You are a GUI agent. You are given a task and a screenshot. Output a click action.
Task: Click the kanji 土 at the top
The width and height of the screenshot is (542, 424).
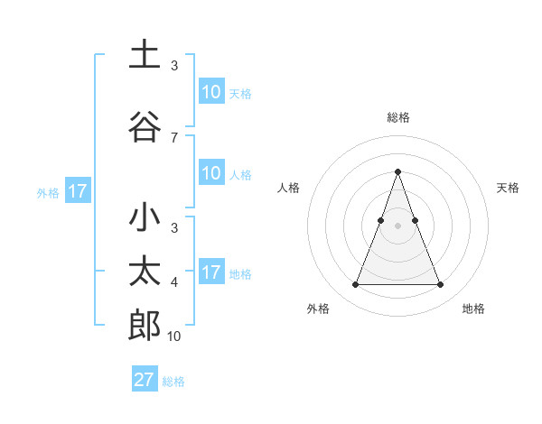[x=145, y=56]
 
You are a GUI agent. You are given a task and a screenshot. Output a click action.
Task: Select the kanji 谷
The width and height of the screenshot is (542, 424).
[x=145, y=127]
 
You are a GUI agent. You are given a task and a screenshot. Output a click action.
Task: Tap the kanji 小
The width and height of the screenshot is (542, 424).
[x=145, y=219]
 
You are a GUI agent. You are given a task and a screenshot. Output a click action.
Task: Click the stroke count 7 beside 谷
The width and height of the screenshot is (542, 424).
[x=174, y=137]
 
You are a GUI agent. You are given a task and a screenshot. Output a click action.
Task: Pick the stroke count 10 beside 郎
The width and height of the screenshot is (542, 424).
[x=174, y=336]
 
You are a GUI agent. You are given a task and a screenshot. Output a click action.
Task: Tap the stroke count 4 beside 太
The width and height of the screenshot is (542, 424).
[x=174, y=282]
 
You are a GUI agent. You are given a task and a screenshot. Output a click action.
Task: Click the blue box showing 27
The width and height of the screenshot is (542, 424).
[x=145, y=380]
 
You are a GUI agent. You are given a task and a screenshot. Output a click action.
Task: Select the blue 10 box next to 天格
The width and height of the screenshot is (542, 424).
[x=211, y=92]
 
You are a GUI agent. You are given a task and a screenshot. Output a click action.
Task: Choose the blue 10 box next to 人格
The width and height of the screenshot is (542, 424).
[x=211, y=173]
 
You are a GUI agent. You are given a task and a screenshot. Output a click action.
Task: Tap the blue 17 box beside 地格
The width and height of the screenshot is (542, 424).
[x=211, y=272]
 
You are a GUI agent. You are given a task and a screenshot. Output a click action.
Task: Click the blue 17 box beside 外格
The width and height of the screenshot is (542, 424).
[x=78, y=191]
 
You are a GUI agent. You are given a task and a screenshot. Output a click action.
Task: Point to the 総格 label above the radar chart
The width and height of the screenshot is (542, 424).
[x=397, y=117]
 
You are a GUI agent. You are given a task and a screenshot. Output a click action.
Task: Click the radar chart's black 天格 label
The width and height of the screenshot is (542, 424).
[x=509, y=188]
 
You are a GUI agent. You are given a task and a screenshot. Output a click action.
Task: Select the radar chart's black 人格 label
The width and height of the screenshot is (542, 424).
[x=288, y=188]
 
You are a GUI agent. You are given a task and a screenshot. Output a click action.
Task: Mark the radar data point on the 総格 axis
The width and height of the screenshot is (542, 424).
[x=397, y=171]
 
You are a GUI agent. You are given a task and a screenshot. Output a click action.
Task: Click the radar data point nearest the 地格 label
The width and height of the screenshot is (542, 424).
[x=440, y=285]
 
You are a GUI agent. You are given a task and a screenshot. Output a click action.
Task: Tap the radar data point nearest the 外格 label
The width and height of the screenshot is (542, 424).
[x=355, y=285]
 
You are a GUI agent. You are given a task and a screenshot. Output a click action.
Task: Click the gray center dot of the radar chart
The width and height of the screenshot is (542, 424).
[x=397, y=226]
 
